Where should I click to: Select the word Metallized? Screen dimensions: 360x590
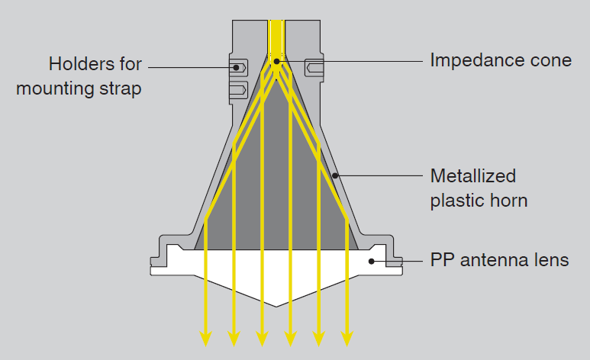tap(473, 176)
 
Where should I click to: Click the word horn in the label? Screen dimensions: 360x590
tap(508, 201)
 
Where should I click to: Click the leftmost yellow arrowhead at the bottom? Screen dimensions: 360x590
tap(205, 338)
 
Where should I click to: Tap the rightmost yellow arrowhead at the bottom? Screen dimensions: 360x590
tap(347, 338)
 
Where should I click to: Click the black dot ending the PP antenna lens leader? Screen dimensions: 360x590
tap(372, 260)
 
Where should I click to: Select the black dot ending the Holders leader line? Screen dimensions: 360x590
tap(237, 67)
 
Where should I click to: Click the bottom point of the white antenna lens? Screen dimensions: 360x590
tap(276, 305)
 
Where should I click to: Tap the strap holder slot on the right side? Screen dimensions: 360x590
tap(315, 67)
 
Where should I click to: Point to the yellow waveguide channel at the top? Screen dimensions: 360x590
tap(276, 31)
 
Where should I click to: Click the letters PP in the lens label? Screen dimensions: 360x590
tap(441, 260)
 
